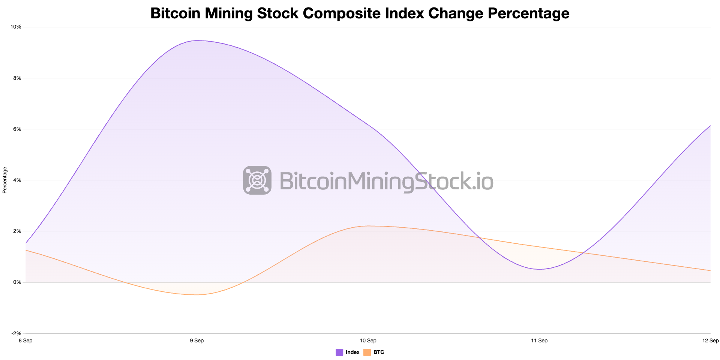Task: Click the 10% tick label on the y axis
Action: click(x=16, y=27)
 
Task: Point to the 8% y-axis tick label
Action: click(x=17, y=78)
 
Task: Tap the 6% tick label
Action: click(x=17, y=129)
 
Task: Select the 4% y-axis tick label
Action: click(x=17, y=180)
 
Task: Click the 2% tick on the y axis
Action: click(x=17, y=231)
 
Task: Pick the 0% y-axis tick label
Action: click(x=17, y=282)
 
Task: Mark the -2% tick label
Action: click(x=16, y=333)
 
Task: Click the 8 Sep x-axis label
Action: click(x=25, y=340)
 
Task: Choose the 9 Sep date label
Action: click(x=197, y=340)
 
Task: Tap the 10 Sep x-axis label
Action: click(x=368, y=340)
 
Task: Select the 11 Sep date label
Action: click(x=539, y=340)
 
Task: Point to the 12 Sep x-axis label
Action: click(x=710, y=340)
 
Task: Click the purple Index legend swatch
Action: click(x=339, y=352)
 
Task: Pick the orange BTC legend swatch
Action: click(x=367, y=352)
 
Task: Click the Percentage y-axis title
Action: click(x=5, y=180)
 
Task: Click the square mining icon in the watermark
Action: click(x=257, y=180)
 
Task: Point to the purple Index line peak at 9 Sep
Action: click(x=197, y=40)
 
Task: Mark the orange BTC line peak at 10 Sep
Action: click(x=368, y=226)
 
